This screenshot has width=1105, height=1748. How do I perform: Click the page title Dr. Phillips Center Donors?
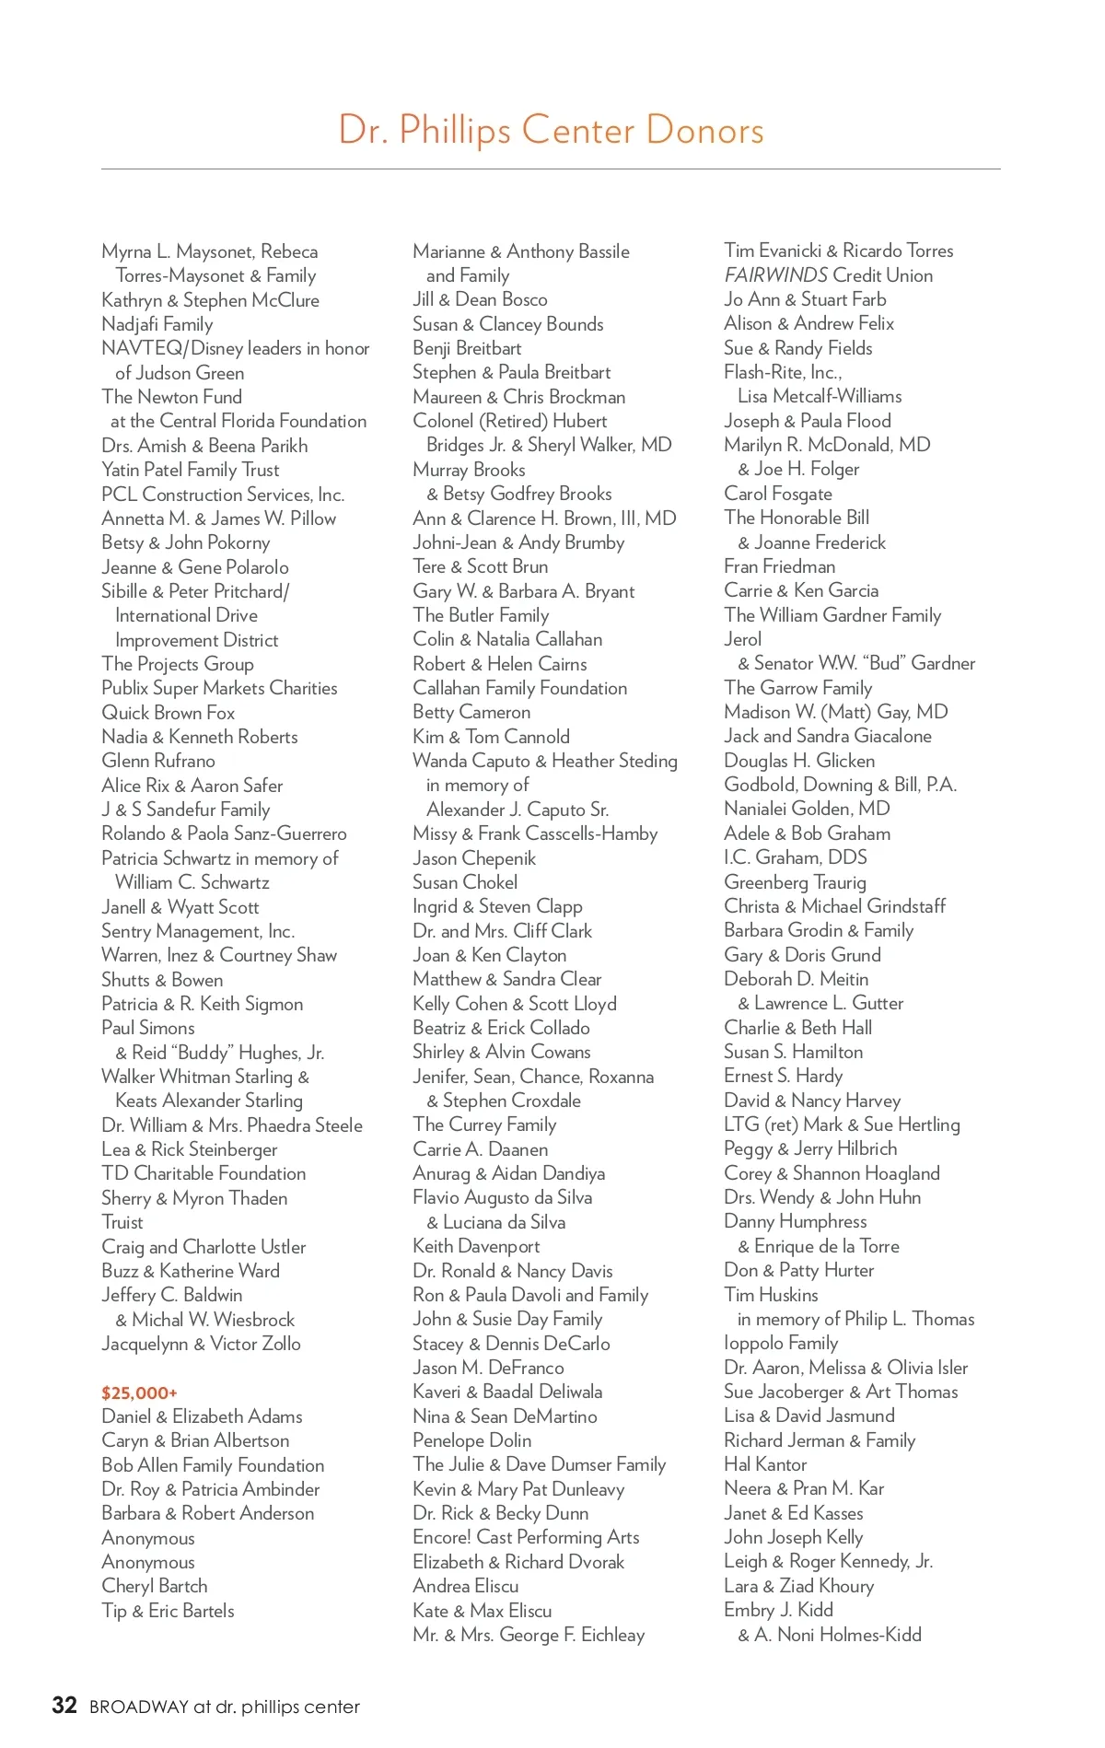(x=551, y=131)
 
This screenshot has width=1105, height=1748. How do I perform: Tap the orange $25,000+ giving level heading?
(x=139, y=1393)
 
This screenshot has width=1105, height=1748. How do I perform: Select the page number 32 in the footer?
(x=64, y=1705)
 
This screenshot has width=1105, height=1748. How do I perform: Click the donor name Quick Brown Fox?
(x=168, y=713)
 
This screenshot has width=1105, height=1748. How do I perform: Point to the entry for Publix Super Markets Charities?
(x=219, y=688)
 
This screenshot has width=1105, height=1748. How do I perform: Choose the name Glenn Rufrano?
(x=157, y=761)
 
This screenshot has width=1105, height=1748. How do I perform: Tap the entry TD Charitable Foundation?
(x=204, y=1173)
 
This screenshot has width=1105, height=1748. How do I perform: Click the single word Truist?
(x=122, y=1222)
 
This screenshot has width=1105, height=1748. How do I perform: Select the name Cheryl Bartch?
(x=154, y=1586)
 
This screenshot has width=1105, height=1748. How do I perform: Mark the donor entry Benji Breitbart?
(x=467, y=348)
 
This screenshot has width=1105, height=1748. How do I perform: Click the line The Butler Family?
(x=481, y=615)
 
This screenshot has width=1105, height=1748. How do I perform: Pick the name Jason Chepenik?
(x=474, y=858)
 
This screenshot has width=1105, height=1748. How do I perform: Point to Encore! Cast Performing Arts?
(x=526, y=1537)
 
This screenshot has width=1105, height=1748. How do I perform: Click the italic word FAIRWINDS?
(x=775, y=275)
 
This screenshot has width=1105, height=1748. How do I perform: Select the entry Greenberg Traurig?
(x=795, y=882)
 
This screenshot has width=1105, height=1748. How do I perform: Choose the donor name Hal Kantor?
(x=765, y=1464)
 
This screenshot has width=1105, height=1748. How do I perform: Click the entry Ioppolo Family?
(x=781, y=1343)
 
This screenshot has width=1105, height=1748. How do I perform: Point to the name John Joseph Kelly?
(x=793, y=1537)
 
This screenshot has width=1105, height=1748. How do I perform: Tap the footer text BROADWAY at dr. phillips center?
(x=224, y=1707)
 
